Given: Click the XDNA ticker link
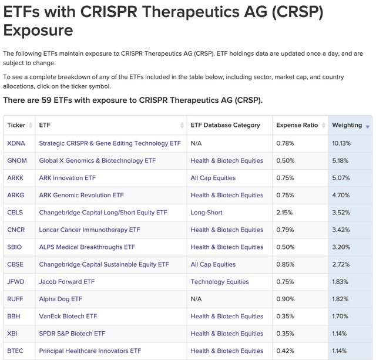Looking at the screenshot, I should click(16, 143).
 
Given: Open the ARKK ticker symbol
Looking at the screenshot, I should click(16, 178).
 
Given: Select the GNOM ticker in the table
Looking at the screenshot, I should click(17, 160).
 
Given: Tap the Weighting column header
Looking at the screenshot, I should click(347, 125).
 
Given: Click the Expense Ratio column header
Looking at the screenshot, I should click(297, 125).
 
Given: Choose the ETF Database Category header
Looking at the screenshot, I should click(225, 125).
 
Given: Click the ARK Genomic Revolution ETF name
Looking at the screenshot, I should click(81, 195).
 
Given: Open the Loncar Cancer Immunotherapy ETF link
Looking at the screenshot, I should click(89, 230).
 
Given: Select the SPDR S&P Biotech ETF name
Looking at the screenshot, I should click(72, 334).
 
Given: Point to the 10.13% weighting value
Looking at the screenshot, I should click(341, 143).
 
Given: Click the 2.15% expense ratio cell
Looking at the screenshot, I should click(284, 213).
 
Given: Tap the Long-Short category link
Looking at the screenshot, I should click(206, 213).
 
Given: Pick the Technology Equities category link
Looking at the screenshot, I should click(220, 282).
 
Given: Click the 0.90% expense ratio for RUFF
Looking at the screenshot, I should click(284, 299).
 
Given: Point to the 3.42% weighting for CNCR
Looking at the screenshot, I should click(341, 230).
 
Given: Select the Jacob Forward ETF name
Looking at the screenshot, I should click(66, 282).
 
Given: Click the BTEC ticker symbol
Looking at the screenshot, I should click(15, 351).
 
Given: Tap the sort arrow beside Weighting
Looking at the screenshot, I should click(368, 127).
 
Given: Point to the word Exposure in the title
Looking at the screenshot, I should click(39, 30).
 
